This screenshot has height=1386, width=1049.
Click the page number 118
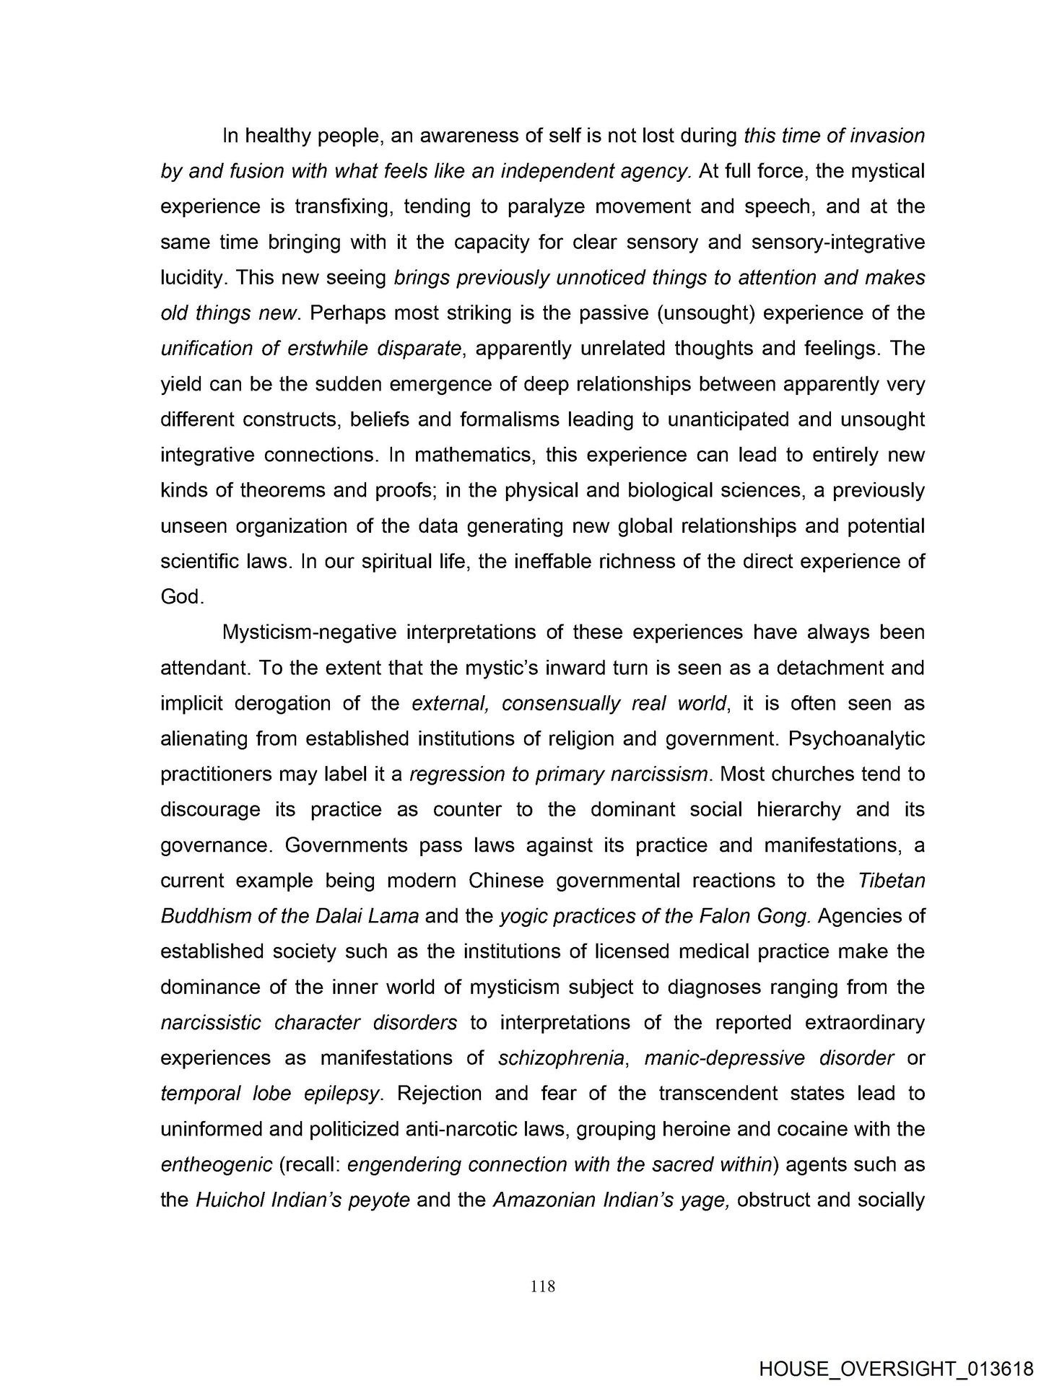pos(542,1286)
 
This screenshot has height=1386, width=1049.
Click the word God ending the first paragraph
pos(181,596)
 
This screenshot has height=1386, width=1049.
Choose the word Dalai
pos(341,916)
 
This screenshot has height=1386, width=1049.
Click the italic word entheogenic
pos(216,1164)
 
